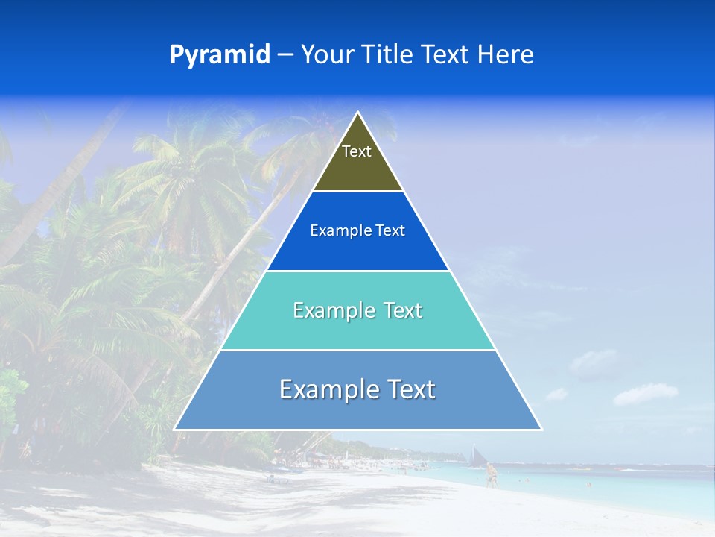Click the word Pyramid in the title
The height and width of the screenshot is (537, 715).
click(x=220, y=54)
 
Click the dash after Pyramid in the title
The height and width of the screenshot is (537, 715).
click(x=285, y=54)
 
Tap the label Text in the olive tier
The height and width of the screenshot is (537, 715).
click(x=357, y=151)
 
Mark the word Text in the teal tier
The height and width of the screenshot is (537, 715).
click(x=398, y=310)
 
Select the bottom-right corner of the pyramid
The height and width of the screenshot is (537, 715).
click(x=541, y=429)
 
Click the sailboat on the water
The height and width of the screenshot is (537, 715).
click(x=476, y=455)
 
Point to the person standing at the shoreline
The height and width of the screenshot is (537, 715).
click(x=491, y=475)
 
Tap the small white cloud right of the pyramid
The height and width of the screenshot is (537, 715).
click(x=645, y=393)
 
